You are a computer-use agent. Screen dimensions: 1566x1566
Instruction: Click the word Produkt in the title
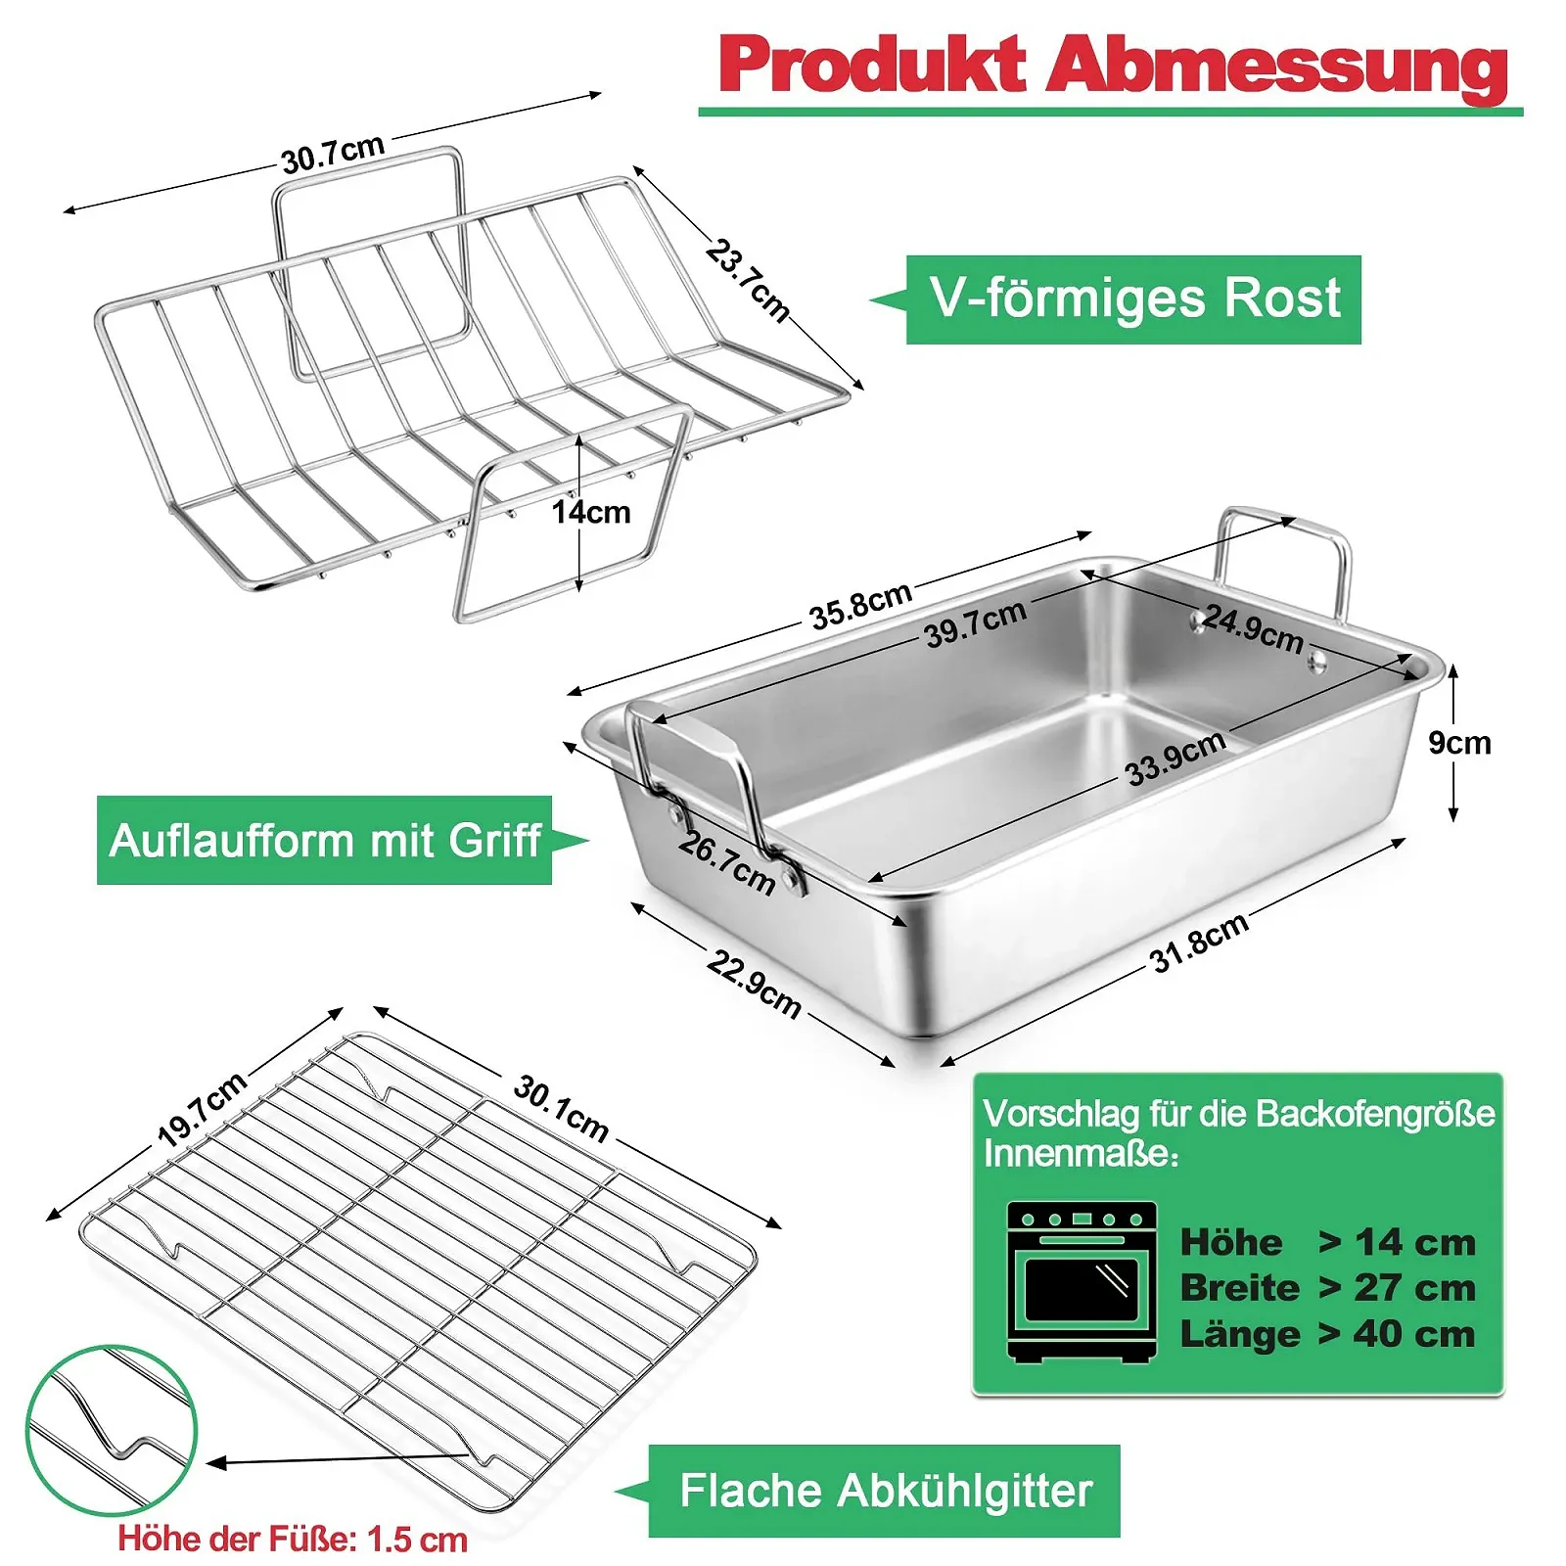click(870, 65)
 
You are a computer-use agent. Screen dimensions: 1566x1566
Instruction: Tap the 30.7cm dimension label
click(332, 155)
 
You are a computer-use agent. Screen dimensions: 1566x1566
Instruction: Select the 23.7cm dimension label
click(747, 281)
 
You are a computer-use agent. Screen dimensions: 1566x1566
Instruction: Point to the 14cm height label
click(590, 512)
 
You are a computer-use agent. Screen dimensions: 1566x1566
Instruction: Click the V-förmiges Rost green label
click(1133, 299)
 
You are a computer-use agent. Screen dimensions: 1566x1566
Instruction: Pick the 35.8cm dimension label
click(860, 605)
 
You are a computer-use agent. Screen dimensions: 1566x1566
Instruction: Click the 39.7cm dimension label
click(975, 622)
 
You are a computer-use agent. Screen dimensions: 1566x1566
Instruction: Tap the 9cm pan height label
click(1459, 743)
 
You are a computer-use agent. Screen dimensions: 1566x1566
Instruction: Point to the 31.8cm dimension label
click(1199, 943)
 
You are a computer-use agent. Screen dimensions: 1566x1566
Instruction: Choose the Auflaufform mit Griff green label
click(324, 841)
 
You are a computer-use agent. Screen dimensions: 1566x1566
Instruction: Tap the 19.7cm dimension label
click(202, 1109)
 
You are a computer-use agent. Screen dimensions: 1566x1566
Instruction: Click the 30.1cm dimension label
click(561, 1109)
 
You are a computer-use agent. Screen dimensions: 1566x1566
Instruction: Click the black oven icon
click(1082, 1281)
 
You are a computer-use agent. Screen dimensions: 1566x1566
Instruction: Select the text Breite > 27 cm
click(1327, 1288)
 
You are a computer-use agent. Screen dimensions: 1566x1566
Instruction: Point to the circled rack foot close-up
click(111, 1430)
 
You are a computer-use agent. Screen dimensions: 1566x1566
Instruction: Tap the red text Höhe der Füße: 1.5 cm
click(293, 1540)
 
